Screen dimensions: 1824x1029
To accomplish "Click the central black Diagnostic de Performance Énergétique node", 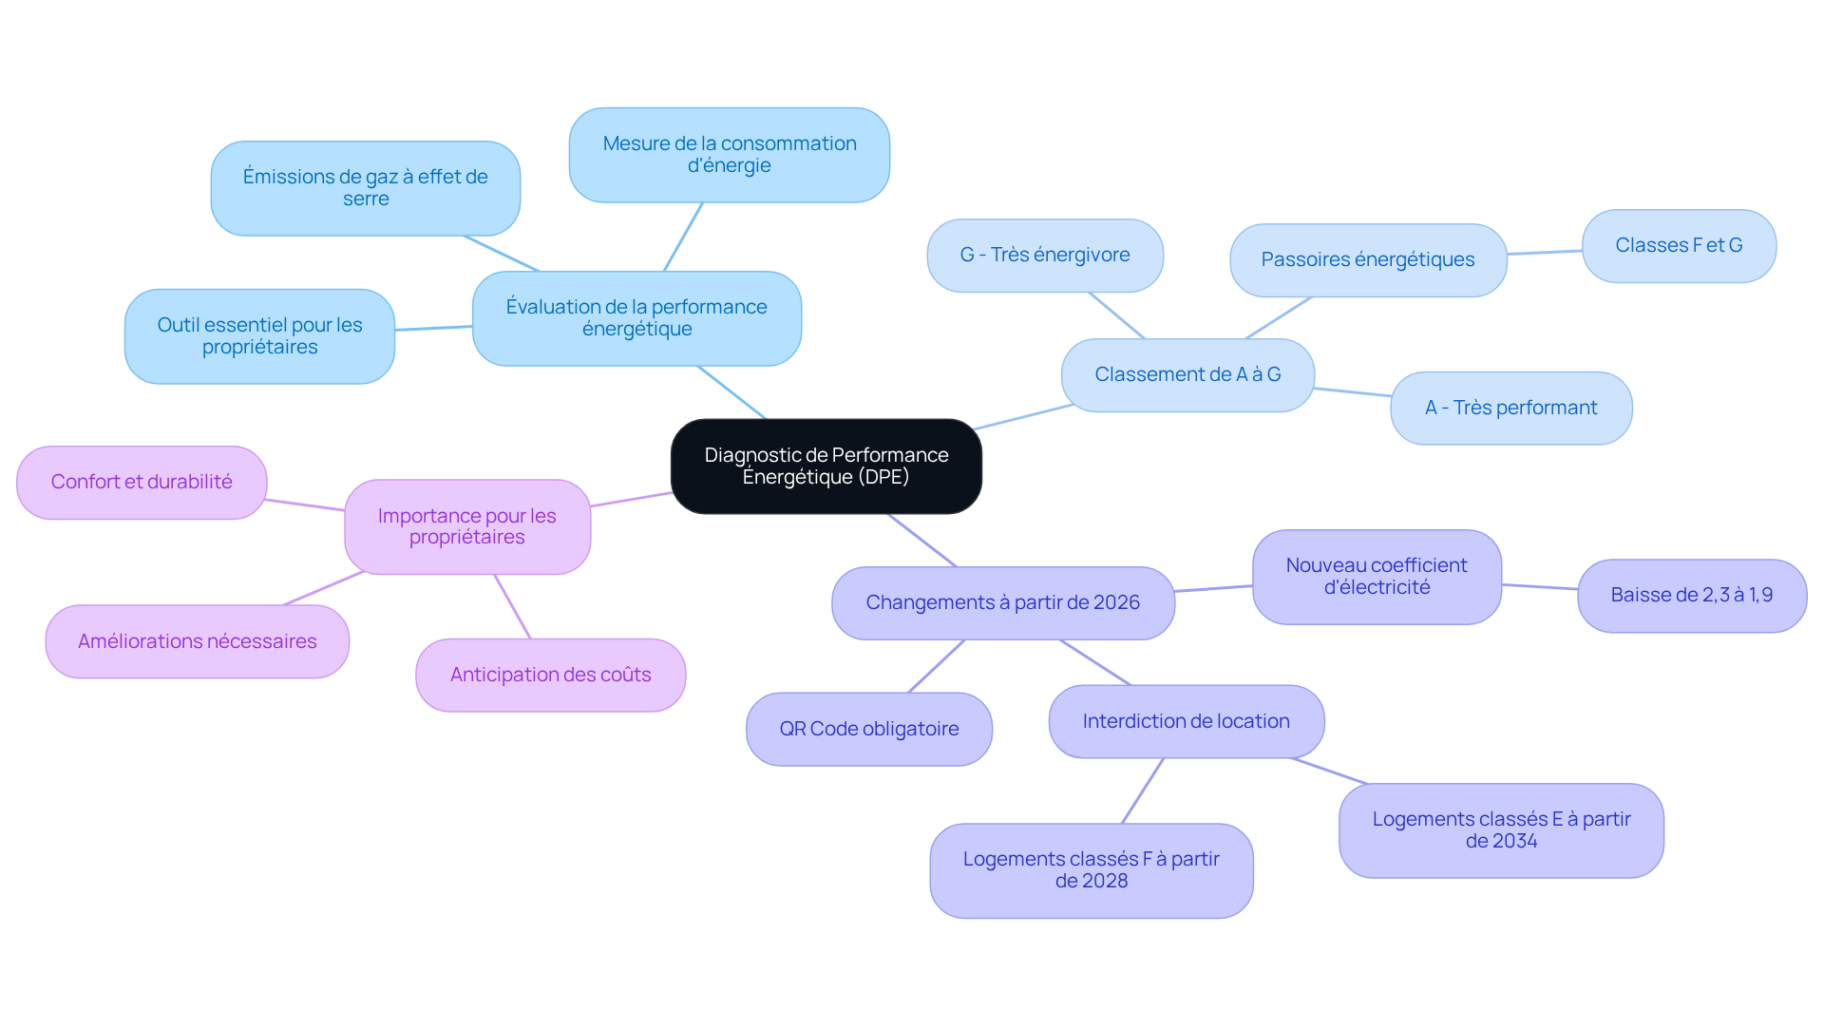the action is coord(826,466).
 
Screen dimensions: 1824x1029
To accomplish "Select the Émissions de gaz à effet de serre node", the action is coord(365,188).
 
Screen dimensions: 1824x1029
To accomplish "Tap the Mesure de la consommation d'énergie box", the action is coord(729,155).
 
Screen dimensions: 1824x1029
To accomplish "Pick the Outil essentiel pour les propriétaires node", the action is coord(259,336).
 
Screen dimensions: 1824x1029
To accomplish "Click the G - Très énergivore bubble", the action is coord(1045,256).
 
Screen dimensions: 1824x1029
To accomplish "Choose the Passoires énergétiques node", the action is coord(1368,260).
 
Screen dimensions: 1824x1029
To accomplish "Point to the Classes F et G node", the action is coord(1679,246).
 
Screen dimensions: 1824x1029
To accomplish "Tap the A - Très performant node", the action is coord(1510,409).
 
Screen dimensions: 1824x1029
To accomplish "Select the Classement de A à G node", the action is coord(1187,375).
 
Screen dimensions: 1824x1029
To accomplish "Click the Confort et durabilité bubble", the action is coord(142,483).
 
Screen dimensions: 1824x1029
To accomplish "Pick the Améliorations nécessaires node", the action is coord(198,642).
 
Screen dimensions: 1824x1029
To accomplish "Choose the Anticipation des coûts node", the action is coord(550,676).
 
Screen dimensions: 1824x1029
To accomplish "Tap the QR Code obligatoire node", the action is coord(869,730).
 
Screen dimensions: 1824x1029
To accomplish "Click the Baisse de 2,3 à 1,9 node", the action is coord(1692,596).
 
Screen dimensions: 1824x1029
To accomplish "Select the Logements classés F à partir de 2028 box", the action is coord(1092,870).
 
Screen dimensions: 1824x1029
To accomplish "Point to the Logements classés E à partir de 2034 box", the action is coord(1501,830).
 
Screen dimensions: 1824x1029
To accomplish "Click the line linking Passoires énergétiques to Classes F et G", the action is coord(1545,252).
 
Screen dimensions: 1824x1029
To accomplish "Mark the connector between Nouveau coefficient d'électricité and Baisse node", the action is coord(1540,586).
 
